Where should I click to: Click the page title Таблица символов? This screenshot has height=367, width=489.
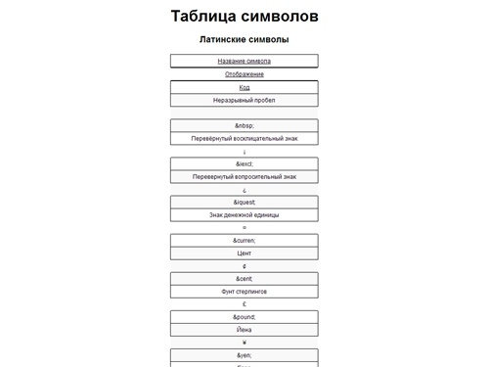244,17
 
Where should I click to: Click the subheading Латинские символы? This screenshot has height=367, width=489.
244,40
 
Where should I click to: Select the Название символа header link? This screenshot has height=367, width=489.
244,61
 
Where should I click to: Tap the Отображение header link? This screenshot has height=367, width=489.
244,73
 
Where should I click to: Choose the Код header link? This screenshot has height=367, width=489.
244,87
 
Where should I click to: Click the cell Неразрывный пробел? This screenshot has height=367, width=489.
244,100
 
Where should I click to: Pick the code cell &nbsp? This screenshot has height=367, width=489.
244,125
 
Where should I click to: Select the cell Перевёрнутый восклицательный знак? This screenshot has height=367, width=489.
244,138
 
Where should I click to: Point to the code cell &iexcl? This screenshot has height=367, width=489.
244,163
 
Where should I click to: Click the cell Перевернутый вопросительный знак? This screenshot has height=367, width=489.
244,176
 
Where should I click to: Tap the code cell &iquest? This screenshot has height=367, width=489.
244,202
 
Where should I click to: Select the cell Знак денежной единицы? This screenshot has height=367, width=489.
244,214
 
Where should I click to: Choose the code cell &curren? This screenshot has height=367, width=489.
244,240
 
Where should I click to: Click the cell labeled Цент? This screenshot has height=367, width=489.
244,252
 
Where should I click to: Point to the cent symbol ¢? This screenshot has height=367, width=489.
244,266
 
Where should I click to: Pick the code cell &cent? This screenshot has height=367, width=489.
244,278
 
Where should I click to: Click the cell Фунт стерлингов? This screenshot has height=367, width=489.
244,291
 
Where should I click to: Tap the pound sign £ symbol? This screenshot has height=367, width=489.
244,304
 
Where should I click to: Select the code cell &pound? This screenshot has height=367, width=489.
244,316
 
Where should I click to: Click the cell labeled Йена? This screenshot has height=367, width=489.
244,329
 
